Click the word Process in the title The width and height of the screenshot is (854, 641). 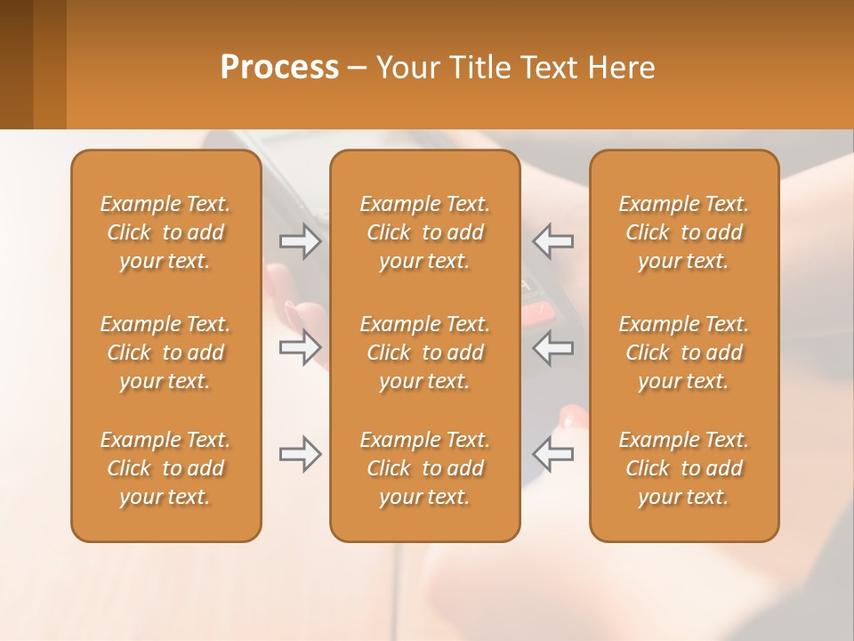tap(279, 68)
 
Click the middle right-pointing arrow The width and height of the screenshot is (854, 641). tap(301, 347)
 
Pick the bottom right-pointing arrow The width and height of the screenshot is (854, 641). tap(301, 454)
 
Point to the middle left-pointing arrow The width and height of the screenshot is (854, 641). tap(552, 347)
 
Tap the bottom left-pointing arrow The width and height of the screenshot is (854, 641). tap(552, 454)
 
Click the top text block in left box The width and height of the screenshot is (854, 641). tap(165, 232)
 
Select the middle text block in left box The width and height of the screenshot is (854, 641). tap(165, 353)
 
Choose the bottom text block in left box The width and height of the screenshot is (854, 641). tap(165, 468)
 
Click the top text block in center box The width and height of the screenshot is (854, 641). tap(424, 232)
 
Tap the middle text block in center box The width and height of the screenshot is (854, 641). tap(424, 353)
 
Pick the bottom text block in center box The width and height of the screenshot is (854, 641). tap(424, 468)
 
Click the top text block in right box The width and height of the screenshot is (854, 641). tap(684, 232)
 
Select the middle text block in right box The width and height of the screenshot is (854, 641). tap(684, 353)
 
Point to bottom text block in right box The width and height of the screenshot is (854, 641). tap(684, 468)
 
